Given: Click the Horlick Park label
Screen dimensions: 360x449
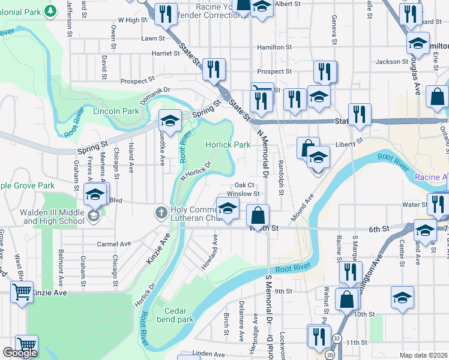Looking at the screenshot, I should click(x=228, y=145).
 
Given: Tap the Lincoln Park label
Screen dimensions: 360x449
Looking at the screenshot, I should click(x=116, y=111).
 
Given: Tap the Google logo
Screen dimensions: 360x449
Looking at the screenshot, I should click(x=20, y=353).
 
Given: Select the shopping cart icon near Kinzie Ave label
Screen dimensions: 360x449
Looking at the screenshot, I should click(x=22, y=293).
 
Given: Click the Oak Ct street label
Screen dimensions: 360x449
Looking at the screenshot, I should click(x=245, y=185).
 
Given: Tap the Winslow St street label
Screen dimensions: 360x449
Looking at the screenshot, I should click(x=247, y=194).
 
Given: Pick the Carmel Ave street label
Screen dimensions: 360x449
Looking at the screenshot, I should click(x=114, y=244).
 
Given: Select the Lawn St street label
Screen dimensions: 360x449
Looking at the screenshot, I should click(x=152, y=38).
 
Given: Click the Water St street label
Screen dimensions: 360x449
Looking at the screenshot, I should click(x=414, y=205).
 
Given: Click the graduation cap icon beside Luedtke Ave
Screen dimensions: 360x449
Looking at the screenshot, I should click(x=170, y=121).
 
